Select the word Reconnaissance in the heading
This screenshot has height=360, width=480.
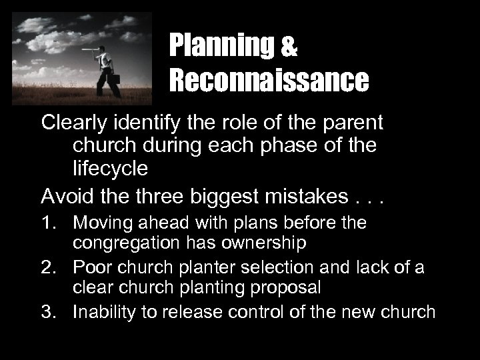(x=269, y=81)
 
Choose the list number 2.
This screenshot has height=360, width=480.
(x=51, y=267)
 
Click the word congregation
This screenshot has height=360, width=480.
(x=130, y=243)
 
